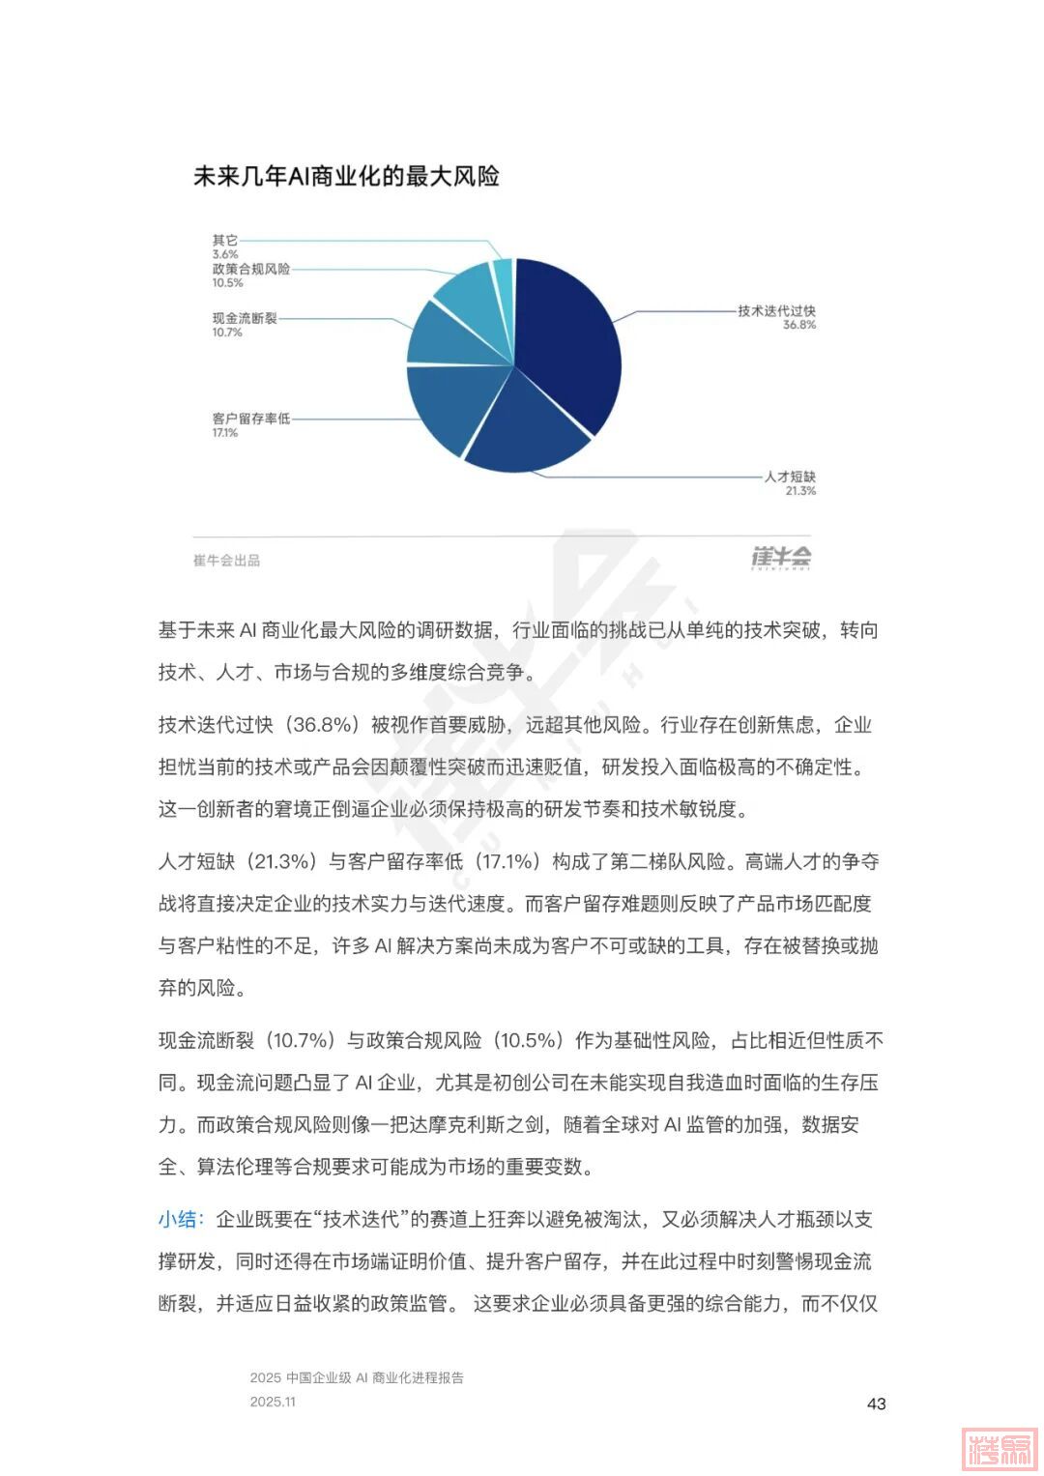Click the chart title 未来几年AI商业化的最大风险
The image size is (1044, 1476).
pyautogui.click(x=345, y=177)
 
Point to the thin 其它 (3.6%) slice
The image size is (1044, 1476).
pyautogui.click(x=503, y=273)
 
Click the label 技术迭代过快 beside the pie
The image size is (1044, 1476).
pyautogui.click(x=776, y=311)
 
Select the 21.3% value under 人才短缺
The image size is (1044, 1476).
pyautogui.click(x=800, y=491)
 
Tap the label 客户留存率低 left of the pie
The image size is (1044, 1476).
pyautogui.click(x=250, y=419)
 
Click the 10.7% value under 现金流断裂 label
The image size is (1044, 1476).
pyautogui.click(x=227, y=333)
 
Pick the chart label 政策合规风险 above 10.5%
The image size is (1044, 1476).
pyautogui.click(x=250, y=270)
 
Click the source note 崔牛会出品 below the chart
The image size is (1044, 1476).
pyautogui.click(x=226, y=561)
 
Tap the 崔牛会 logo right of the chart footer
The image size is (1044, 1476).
pyautogui.click(x=781, y=558)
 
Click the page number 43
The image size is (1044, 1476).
pyautogui.click(x=876, y=1404)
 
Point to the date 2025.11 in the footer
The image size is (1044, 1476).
pyautogui.click(x=273, y=1402)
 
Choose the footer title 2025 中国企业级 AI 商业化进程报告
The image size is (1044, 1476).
pyautogui.click(x=356, y=1377)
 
